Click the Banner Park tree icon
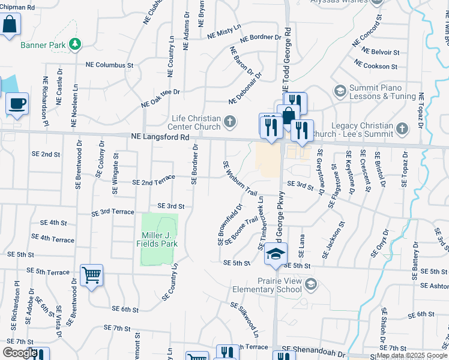coord(75,44)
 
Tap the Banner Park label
coord(43,45)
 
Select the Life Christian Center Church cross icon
coord(229,123)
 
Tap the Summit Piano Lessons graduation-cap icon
coord(340,91)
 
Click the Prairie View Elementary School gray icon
coord(310,284)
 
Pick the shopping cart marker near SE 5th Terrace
coord(91,276)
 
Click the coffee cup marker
coord(17,103)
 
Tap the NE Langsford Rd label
coord(160,137)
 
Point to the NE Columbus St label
coord(109,64)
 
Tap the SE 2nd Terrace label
coord(153,182)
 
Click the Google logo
coord(20,353)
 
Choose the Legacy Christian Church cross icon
coord(401,127)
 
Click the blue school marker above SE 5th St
coord(276,253)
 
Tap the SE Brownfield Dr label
coord(229,226)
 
